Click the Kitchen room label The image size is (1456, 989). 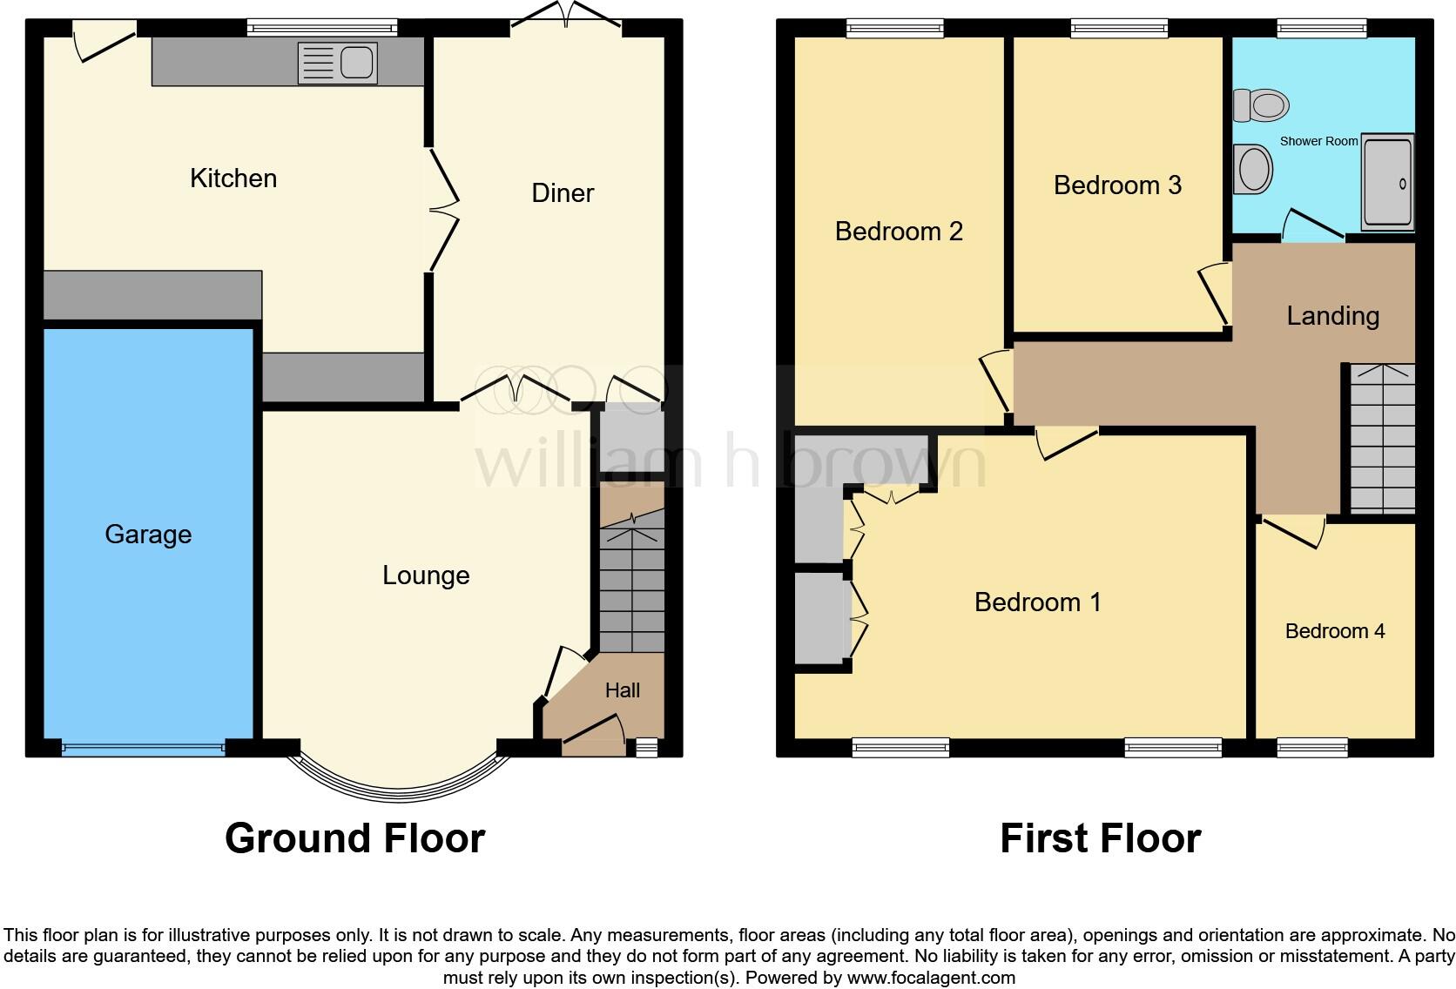click(233, 178)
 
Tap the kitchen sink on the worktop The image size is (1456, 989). click(338, 64)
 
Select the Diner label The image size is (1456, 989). click(563, 193)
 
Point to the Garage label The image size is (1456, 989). click(148, 535)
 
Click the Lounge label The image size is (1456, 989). click(426, 575)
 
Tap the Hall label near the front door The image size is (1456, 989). click(623, 691)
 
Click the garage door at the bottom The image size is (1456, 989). click(144, 746)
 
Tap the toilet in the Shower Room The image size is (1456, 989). click(1262, 105)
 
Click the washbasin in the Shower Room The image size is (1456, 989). click(1254, 169)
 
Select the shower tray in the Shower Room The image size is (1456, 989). click(1387, 183)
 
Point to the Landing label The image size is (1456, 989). click(1332, 316)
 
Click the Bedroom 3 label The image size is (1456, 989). click(1117, 185)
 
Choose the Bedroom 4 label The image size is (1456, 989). click(1335, 631)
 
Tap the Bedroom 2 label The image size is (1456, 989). click(899, 232)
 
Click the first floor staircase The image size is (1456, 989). click(1382, 440)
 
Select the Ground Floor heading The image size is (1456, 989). click(354, 838)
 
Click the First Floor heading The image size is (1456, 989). click(1100, 838)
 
